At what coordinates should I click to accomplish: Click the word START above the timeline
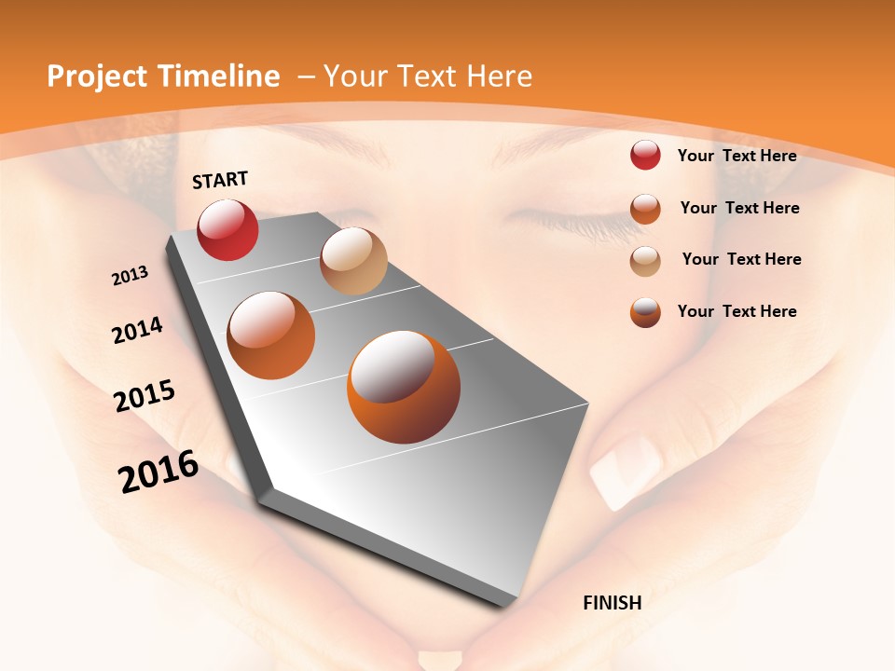tap(220, 180)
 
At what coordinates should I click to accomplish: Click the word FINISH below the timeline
tap(613, 603)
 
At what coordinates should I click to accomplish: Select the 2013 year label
tap(130, 276)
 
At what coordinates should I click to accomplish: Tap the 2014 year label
tap(137, 331)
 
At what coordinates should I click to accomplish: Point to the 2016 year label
tap(158, 472)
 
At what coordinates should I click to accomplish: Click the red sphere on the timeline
tap(227, 229)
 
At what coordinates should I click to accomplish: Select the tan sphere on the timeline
tap(353, 261)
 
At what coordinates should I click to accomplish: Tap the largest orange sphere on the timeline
tap(404, 387)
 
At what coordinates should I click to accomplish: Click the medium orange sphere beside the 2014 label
tap(271, 335)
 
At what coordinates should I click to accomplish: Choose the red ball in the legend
tap(645, 156)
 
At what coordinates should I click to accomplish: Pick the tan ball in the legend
tap(645, 260)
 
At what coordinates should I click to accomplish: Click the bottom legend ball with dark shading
tap(645, 312)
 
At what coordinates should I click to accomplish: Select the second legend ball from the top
tap(645, 209)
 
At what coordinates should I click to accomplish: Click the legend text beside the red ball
tap(737, 156)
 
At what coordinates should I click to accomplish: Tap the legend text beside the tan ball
tap(741, 259)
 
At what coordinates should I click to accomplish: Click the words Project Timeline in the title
tap(163, 76)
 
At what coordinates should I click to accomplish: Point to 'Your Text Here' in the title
tap(427, 76)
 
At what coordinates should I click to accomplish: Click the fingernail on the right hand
tap(626, 469)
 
